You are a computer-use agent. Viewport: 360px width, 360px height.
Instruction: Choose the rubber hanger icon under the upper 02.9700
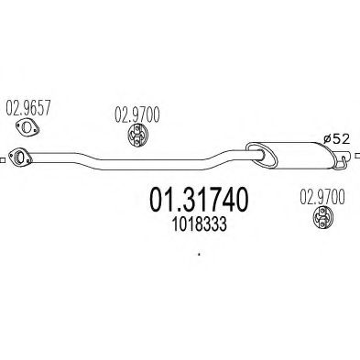(134, 136)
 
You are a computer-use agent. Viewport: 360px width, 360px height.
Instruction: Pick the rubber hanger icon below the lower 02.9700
(323, 218)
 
